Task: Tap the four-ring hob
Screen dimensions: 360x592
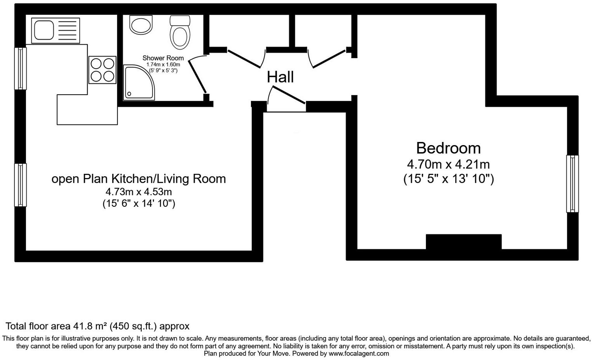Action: point(103,70)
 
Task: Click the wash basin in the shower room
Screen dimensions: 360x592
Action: point(141,25)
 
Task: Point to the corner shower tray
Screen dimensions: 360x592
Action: point(138,82)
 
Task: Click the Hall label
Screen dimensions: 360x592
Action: point(280,77)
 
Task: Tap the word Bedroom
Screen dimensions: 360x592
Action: point(448,148)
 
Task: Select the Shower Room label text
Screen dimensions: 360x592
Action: point(163,58)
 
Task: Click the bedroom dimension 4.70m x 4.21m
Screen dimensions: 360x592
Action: point(448,164)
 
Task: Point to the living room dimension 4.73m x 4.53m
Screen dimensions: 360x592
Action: point(138,192)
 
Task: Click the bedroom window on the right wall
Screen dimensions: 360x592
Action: point(572,184)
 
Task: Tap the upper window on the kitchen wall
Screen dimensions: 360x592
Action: point(21,68)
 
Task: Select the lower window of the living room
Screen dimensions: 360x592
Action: point(21,185)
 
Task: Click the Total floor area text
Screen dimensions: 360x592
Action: point(97,326)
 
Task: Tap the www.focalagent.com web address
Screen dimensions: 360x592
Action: point(358,353)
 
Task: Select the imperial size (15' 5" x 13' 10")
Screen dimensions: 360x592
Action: point(448,179)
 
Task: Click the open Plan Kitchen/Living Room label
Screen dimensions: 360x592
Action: point(138,179)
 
